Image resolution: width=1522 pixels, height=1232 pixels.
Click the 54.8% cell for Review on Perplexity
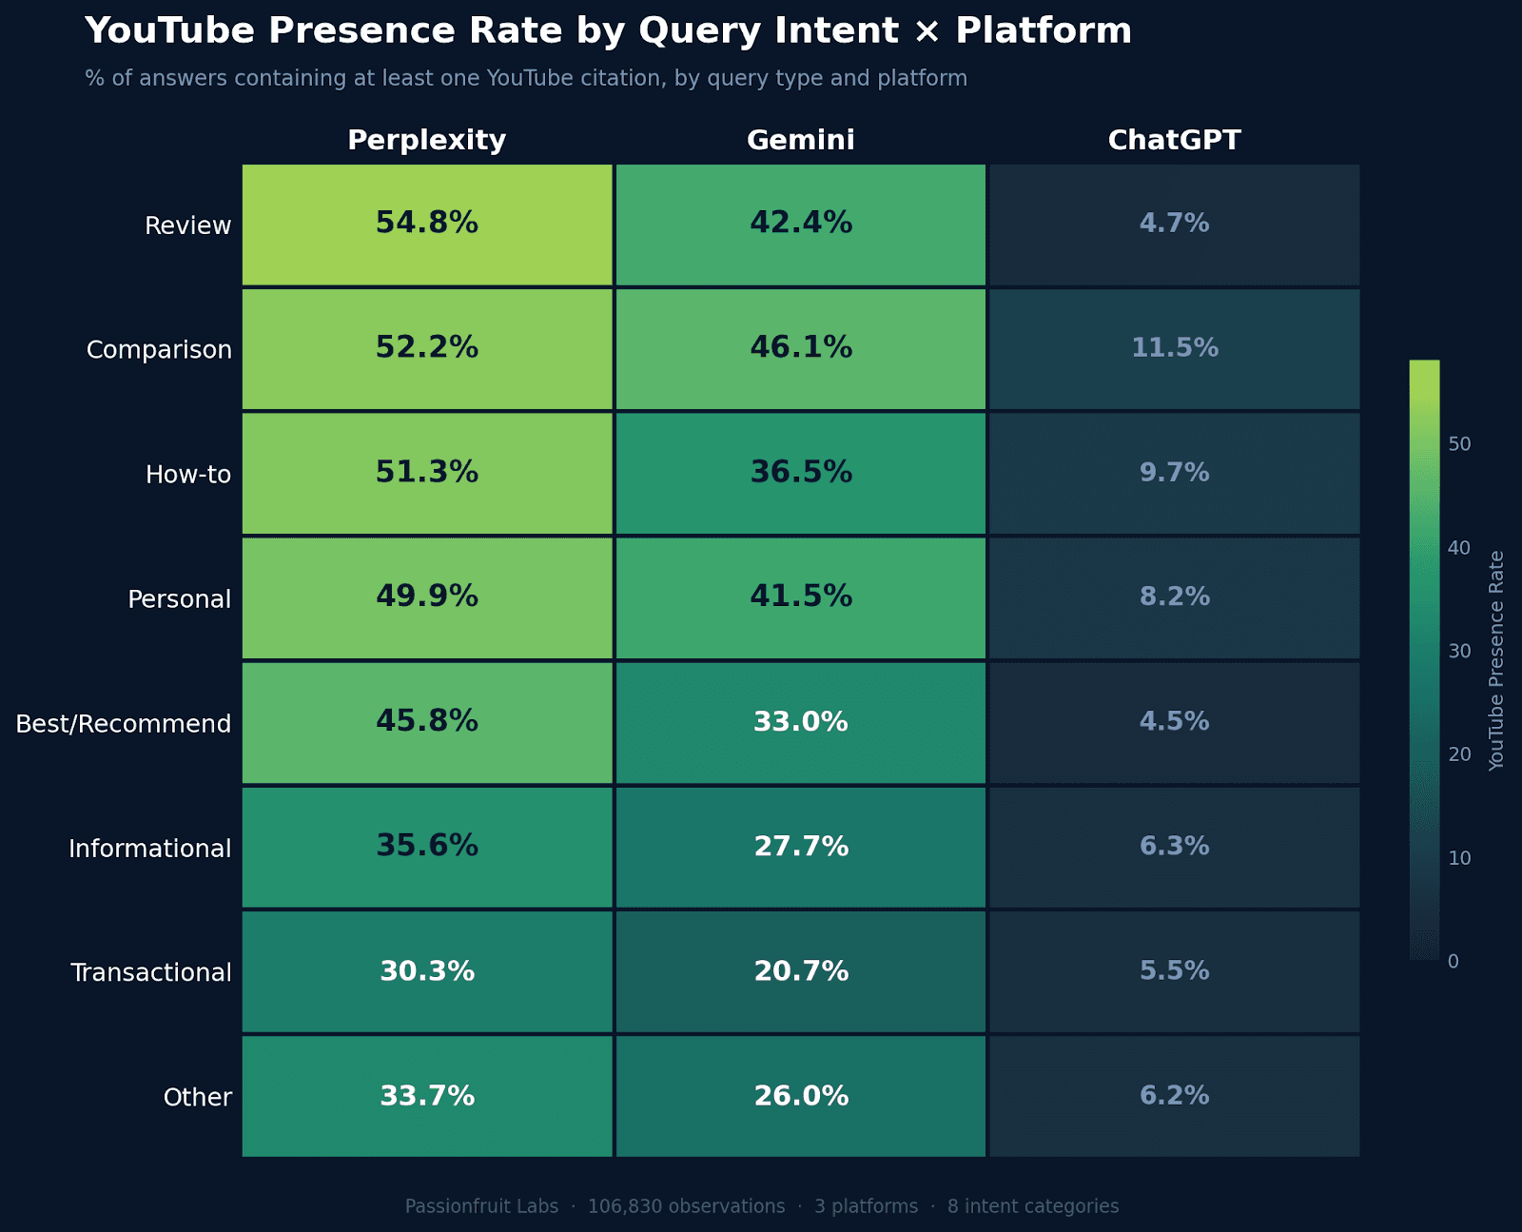(427, 224)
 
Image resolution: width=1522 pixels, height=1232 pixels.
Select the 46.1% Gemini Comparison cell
(801, 348)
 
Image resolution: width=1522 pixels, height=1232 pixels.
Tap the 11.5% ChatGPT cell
(1175, 348)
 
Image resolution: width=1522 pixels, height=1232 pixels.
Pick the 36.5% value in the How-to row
(801, 473)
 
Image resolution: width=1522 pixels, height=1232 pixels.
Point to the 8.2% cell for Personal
(1175, 597)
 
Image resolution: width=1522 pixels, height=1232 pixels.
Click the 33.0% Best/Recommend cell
(801, 722)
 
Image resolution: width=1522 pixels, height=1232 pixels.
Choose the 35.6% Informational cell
(427, 847)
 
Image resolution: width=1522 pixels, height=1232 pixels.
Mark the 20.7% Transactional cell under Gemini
(801, 971)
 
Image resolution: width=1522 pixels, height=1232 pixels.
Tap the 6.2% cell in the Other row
(1175, 1096)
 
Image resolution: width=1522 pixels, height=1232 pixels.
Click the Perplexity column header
(427, 140)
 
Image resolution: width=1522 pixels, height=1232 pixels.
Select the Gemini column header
(801, 140)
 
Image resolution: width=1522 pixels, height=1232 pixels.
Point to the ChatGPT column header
(1175, 140)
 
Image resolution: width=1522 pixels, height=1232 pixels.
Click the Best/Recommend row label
(124, 724)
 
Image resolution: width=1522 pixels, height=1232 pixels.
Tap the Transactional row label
(151, 972)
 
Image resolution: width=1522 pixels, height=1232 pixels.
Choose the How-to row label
(188, 474)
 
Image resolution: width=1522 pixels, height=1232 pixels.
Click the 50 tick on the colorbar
(1459, 444)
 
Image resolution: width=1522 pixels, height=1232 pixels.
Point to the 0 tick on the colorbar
(1453, 962)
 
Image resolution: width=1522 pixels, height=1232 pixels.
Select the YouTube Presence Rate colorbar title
(1496, 660)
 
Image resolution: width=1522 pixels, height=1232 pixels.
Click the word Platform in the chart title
(1044, 30)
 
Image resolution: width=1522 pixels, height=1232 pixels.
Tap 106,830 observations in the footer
(686, 1206)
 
